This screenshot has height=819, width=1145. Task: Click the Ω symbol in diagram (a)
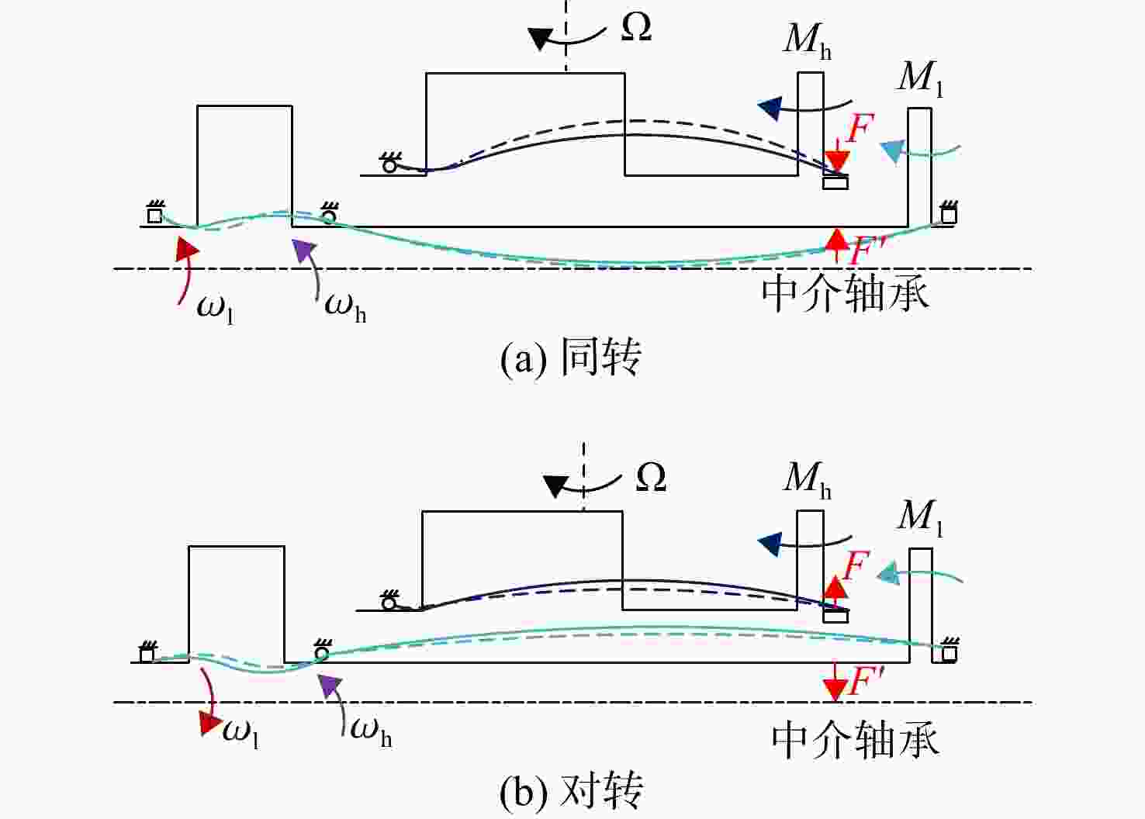[636, 27]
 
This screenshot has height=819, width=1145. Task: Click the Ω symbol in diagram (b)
[651, 477]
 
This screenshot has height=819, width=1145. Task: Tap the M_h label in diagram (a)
[807, 41]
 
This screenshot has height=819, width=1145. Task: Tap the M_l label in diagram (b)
[920, 517]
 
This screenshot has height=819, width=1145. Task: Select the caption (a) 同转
[570, 358]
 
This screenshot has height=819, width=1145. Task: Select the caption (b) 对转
[570, 791]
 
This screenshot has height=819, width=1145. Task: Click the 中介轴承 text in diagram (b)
[855, 740]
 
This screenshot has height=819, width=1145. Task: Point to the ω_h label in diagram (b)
[371, 732]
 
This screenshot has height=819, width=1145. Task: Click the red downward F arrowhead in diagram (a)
[837, 161]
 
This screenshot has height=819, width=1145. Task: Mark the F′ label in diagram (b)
[867, 680]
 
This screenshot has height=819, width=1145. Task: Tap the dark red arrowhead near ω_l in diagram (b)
[210, 723]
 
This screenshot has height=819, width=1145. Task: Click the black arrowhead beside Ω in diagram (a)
[540, 38]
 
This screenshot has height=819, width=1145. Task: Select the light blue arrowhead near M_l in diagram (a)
[892, 152]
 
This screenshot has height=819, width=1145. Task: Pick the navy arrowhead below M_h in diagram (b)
[770, 544]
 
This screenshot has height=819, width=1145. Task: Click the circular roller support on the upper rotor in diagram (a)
[389, 165]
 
